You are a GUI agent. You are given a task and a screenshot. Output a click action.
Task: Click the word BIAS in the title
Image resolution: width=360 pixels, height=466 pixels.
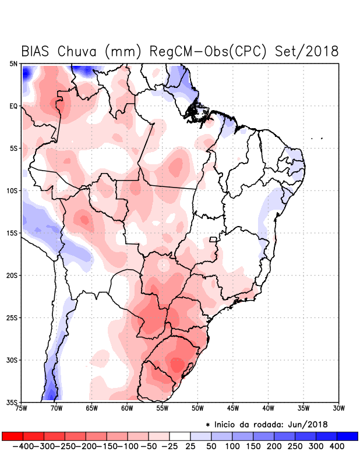(x=36, y=51)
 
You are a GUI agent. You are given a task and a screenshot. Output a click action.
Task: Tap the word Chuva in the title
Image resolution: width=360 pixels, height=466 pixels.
(x=77, y=51)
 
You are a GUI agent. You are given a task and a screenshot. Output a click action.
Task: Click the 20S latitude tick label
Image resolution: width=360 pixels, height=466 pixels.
(x=12, y=275)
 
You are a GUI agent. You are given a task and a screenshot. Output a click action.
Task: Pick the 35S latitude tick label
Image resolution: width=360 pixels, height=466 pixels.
(x=12, y=402)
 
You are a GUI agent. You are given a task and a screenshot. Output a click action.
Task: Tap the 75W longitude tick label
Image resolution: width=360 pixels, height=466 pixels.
(x=22, y=408)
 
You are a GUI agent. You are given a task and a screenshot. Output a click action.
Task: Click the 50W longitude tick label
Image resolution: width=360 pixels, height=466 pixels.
(x=197, y=408)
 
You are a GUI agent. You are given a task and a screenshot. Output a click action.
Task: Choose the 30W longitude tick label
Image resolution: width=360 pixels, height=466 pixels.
(x=339, y=408)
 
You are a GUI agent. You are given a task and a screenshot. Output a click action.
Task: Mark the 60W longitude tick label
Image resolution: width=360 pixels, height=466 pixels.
(x=127, y=408)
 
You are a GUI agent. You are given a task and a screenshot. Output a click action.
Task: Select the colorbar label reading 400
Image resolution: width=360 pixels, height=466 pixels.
(x=336, y=446)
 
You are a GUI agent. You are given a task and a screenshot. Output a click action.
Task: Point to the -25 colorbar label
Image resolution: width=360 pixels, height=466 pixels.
(x=170, y=446)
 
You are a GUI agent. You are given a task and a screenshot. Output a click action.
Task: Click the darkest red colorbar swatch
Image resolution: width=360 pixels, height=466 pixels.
(x=13, y=436)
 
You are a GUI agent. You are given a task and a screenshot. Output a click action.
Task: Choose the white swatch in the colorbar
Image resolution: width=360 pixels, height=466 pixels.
(x=180, y=436)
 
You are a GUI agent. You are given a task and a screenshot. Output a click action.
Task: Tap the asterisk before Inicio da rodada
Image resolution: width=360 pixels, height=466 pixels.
(x=208, y=424)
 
